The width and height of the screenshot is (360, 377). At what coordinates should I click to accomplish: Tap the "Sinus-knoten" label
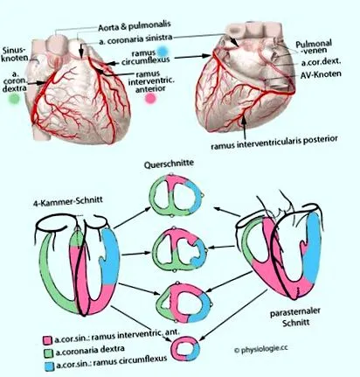click(14, 53)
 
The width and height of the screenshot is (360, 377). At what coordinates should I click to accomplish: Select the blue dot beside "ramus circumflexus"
click(163, 52)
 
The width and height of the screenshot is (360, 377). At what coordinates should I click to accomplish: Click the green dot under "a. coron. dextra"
click(13, 98)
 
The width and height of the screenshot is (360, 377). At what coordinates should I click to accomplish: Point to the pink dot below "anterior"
click(150, 99)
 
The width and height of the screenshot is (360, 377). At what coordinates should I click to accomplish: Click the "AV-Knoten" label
click(321, 74)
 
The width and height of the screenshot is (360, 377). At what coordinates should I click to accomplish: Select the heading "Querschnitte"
click(169, 164)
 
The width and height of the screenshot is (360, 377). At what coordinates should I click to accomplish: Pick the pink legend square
click(48, 340)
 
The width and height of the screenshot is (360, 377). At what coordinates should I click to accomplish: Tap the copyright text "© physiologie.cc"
click(260, 349)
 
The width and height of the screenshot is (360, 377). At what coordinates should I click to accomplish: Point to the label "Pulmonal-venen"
click(313, 47)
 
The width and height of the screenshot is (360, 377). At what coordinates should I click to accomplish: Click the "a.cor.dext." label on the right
click(322, 62)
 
